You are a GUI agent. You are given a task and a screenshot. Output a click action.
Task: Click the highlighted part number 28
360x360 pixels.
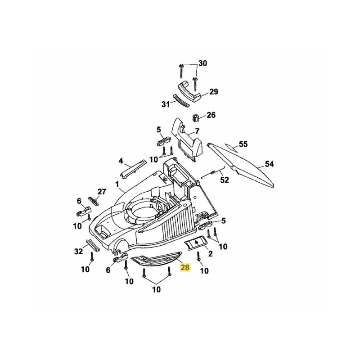185,268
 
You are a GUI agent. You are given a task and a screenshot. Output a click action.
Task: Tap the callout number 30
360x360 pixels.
203,63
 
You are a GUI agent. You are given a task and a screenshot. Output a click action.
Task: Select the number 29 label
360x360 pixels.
213,92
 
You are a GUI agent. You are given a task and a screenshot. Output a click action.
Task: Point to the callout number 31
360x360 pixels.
166,104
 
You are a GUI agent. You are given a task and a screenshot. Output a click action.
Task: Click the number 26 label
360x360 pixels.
211,115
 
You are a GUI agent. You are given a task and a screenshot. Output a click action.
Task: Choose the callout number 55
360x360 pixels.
243,144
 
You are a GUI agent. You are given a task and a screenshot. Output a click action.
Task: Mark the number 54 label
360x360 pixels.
269,164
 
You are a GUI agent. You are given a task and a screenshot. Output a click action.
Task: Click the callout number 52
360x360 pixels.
224,180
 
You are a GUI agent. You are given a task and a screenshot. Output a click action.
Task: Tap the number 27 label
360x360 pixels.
102,191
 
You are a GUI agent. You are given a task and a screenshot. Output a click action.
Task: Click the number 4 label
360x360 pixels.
121,161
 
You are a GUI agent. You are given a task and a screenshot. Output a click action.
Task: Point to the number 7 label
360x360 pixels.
197,132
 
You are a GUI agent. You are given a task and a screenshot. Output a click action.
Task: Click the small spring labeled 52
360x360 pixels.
215,171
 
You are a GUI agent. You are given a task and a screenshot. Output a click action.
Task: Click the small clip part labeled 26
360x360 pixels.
196,117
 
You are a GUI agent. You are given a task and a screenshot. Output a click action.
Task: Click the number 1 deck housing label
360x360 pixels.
117,184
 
